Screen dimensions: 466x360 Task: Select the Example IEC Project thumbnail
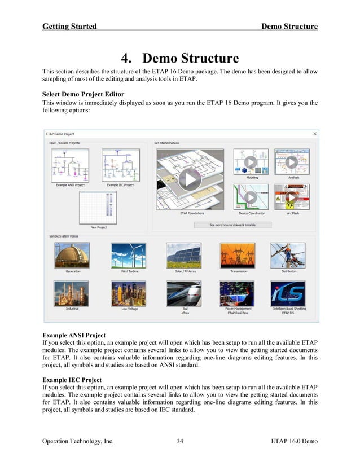tap(120, 166)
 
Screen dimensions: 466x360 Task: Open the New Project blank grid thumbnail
tap(98, 208)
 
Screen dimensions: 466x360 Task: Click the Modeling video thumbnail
tap(252, 162)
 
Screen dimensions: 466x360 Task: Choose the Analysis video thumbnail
tap(291, 162)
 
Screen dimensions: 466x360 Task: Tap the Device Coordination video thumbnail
tap(252, 197)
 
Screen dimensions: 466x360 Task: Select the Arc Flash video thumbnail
tap(291, 197)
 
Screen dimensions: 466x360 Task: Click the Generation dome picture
tap(72, 256)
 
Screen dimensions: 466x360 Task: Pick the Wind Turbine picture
tap(129, 256)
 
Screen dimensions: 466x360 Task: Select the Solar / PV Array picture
tap(183, 256)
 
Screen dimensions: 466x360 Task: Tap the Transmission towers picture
tap(238, 256)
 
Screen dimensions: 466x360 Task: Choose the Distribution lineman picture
tap(288, 256)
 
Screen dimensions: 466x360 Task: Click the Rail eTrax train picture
tap(183, 293)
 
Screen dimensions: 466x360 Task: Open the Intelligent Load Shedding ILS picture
tap(288, 293)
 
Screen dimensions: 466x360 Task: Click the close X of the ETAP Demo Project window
tap(314, 134)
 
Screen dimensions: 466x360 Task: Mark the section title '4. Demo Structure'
tap(179, 58)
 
